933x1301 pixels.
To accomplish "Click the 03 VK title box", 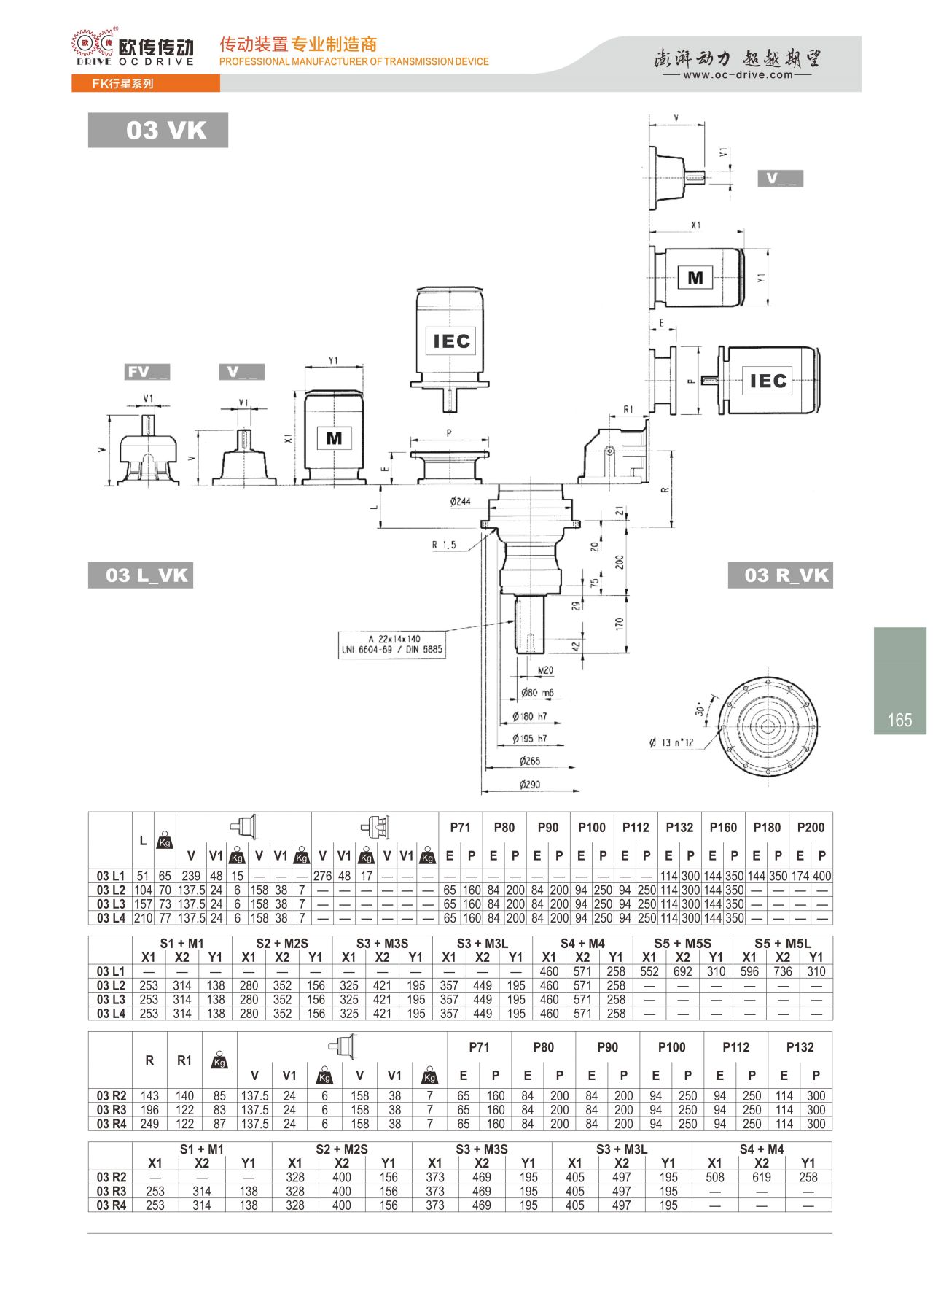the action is point(157,130).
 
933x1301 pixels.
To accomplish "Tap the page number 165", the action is point(899,721).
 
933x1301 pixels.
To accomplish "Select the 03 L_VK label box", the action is point(141,575).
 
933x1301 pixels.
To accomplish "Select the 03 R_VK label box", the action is point(780,575).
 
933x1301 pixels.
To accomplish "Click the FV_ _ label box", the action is point(148,372).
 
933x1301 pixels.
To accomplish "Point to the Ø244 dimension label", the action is point(460,502).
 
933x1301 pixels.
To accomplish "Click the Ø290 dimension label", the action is point(530,785).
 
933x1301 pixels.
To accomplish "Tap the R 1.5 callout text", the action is point(443,545).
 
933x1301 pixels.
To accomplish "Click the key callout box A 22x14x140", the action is point(392,644).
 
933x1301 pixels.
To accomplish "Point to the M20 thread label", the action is point(545,670).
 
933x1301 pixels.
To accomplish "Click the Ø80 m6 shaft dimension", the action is point(537,693).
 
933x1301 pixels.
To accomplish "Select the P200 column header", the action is point(811,828).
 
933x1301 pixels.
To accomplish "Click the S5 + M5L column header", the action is point(783,943).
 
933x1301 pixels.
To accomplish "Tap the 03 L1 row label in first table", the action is point(111,876).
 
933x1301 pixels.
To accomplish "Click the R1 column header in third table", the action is point(184,1060).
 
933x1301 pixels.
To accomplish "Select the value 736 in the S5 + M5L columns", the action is point(783,971).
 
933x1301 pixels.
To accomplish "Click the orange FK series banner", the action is point(146,83).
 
